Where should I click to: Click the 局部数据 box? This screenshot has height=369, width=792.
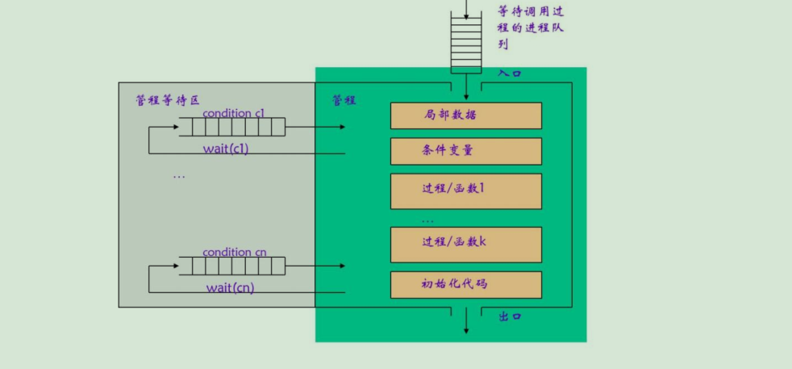click(x=465, y=115)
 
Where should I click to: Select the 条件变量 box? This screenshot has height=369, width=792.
click(x=465, y=151)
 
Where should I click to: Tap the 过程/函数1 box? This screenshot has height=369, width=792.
click(x=465, y=191)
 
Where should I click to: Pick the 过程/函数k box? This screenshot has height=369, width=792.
click(x=465, y=244)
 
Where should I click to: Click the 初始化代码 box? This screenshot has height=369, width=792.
click(x=465, y=284)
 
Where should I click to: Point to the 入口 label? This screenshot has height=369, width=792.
click(x=510, y=73)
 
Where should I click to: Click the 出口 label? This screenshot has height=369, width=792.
click(x=510, y=317)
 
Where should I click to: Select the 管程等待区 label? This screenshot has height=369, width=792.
click(x=167, y=100)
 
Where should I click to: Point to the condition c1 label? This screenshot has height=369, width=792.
click(x=234, y=113)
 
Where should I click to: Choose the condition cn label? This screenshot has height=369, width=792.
click(x=235, y=252)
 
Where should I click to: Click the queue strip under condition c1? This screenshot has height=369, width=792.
click(x=232, y=127)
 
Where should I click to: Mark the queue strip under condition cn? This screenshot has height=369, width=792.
click(x=232, y=266)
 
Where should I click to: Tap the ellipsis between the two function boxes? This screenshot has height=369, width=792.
click(x=427, y=220)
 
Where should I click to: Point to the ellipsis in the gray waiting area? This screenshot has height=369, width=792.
click(x=179, y=175)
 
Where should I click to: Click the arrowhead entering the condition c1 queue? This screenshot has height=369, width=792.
click(x=175, y=127)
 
